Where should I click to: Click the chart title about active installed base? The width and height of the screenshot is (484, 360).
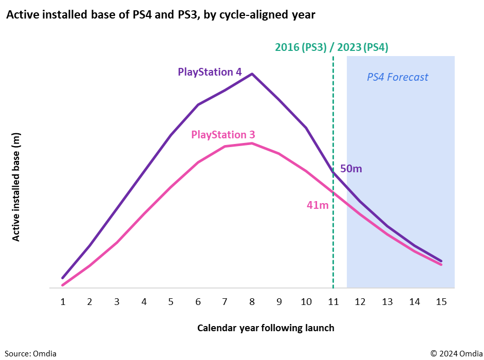[x=160, y=15]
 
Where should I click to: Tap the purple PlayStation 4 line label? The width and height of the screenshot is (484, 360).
[x=210, y=72]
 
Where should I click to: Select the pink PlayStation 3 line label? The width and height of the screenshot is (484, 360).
[x=223, y=135]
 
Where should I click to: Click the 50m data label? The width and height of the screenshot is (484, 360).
[x=351, y=169]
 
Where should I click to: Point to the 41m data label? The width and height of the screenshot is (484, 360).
[x=318, y=205]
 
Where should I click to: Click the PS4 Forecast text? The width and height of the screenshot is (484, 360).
[x=397, y=77]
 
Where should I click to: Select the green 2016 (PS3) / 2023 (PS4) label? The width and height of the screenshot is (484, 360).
[x=331, y=47]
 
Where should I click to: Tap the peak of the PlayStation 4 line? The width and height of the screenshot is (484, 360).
[x=252, y=74]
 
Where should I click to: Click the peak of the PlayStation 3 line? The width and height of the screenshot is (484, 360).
[x=252, y=143]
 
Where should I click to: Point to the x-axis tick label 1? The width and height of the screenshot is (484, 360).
[x=63, y=302]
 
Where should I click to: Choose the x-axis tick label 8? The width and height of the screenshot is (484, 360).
[x=252, y=302]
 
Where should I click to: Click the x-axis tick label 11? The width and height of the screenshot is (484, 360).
[x=333, y=302]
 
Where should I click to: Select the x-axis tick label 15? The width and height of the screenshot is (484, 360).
[x=441, y=302]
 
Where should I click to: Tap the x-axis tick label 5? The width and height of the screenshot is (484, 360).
[x=171, y=302]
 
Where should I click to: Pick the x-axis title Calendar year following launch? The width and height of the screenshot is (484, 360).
[x=266, y=328]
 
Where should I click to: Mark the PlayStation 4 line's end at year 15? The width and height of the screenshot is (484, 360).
[x=441, y=261]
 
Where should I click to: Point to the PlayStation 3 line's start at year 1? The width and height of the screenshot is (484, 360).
[x=63, y=285]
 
